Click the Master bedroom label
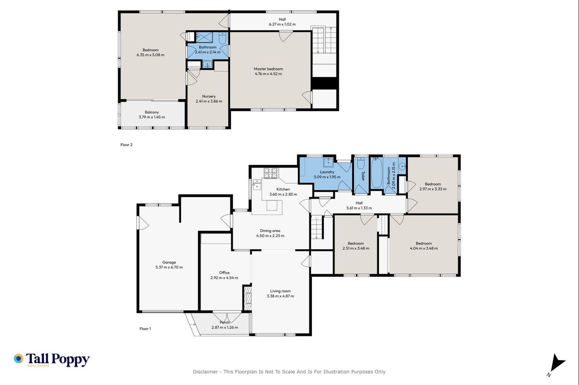pos(268,69)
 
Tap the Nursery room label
pos(209,96)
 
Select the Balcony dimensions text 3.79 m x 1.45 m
pos(152,117)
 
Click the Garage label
pos(169,262)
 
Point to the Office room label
pos(224,273)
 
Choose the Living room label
pos(280,291)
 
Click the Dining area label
pos(270,231)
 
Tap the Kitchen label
pos(283,190)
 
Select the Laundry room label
pos(327,172)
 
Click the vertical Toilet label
pos(363,176)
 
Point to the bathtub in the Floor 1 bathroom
pos(377,173)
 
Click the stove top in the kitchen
pos(270,173)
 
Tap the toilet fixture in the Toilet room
pos(360,163)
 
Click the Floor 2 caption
pos(126,145)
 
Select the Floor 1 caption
pos(145,329)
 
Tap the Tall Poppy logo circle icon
pos(19,359)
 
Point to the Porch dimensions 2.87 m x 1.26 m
pos(225,327)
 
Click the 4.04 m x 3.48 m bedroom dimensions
pos(424,248)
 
